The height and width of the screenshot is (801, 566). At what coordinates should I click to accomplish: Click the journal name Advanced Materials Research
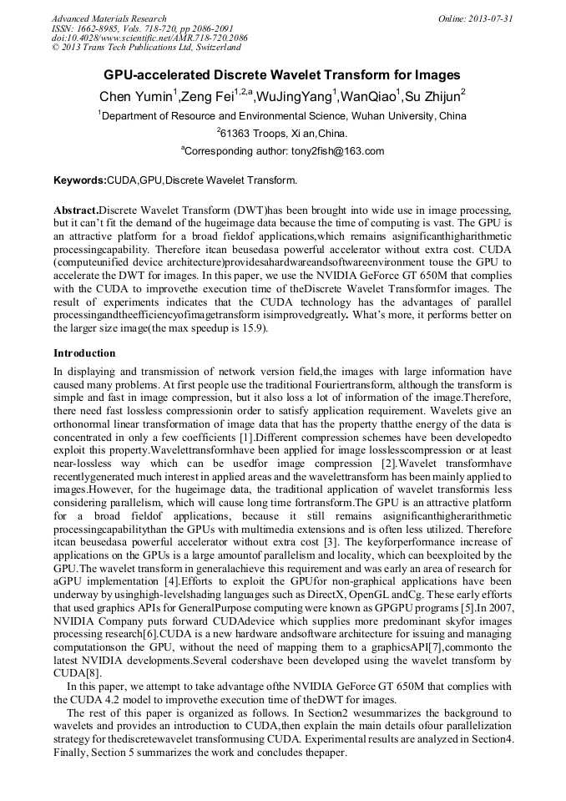109,18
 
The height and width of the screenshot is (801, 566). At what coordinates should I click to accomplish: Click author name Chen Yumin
135,97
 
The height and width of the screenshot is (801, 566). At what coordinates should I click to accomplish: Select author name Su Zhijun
433,97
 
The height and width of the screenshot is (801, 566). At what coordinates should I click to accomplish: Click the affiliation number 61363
237,134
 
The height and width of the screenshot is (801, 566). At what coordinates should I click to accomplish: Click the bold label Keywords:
80,180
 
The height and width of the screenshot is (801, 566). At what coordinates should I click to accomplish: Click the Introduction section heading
84,353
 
